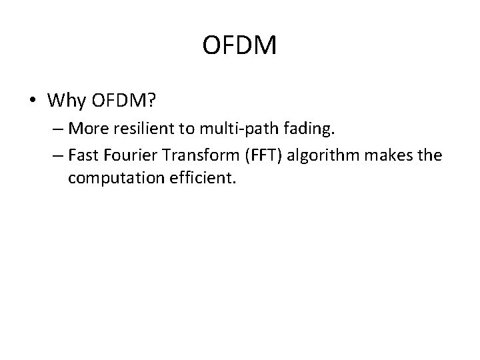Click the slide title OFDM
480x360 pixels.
tap(239, 47)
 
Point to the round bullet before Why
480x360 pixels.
tap(33, 102)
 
